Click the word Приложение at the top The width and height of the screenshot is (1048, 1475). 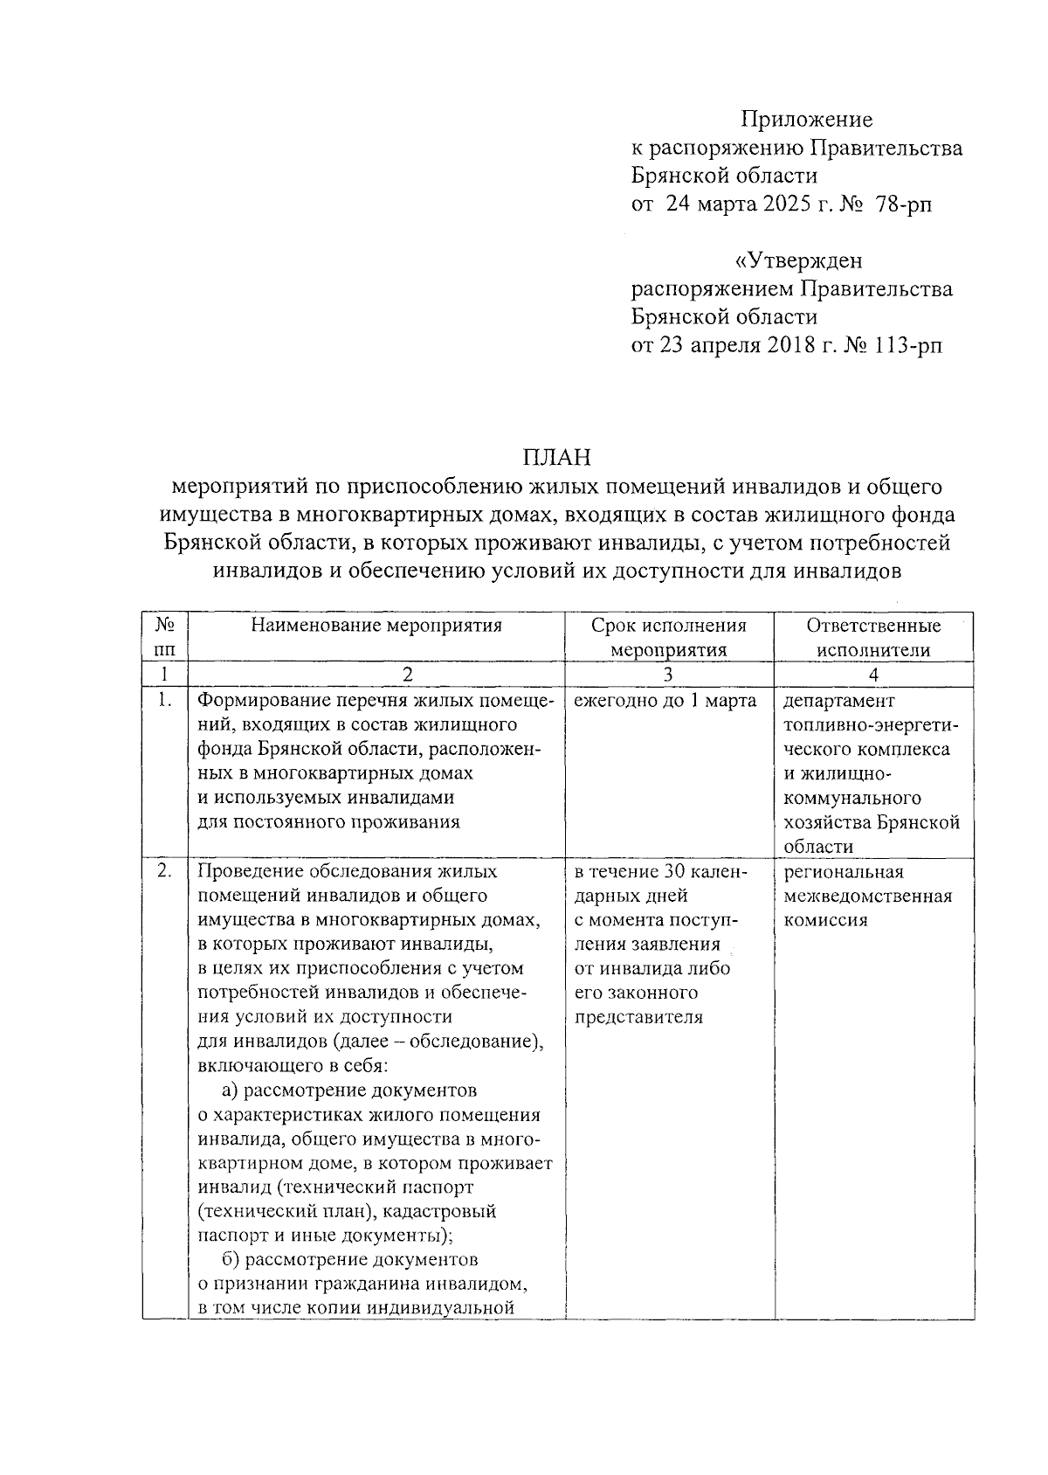point(807,120)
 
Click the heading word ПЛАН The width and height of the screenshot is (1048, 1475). point(557,457)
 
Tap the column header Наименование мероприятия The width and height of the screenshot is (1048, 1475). point(376,626)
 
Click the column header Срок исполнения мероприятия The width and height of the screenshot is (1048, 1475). point(668,637)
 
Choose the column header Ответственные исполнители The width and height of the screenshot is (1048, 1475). point(873,637)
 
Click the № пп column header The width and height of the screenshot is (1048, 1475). point(165,637)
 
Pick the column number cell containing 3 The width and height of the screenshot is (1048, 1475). point(668,675)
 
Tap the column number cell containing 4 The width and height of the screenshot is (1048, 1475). point(873,675)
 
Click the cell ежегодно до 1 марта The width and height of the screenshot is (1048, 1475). point(665,701)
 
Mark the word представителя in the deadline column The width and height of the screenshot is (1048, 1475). point(638,1017)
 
